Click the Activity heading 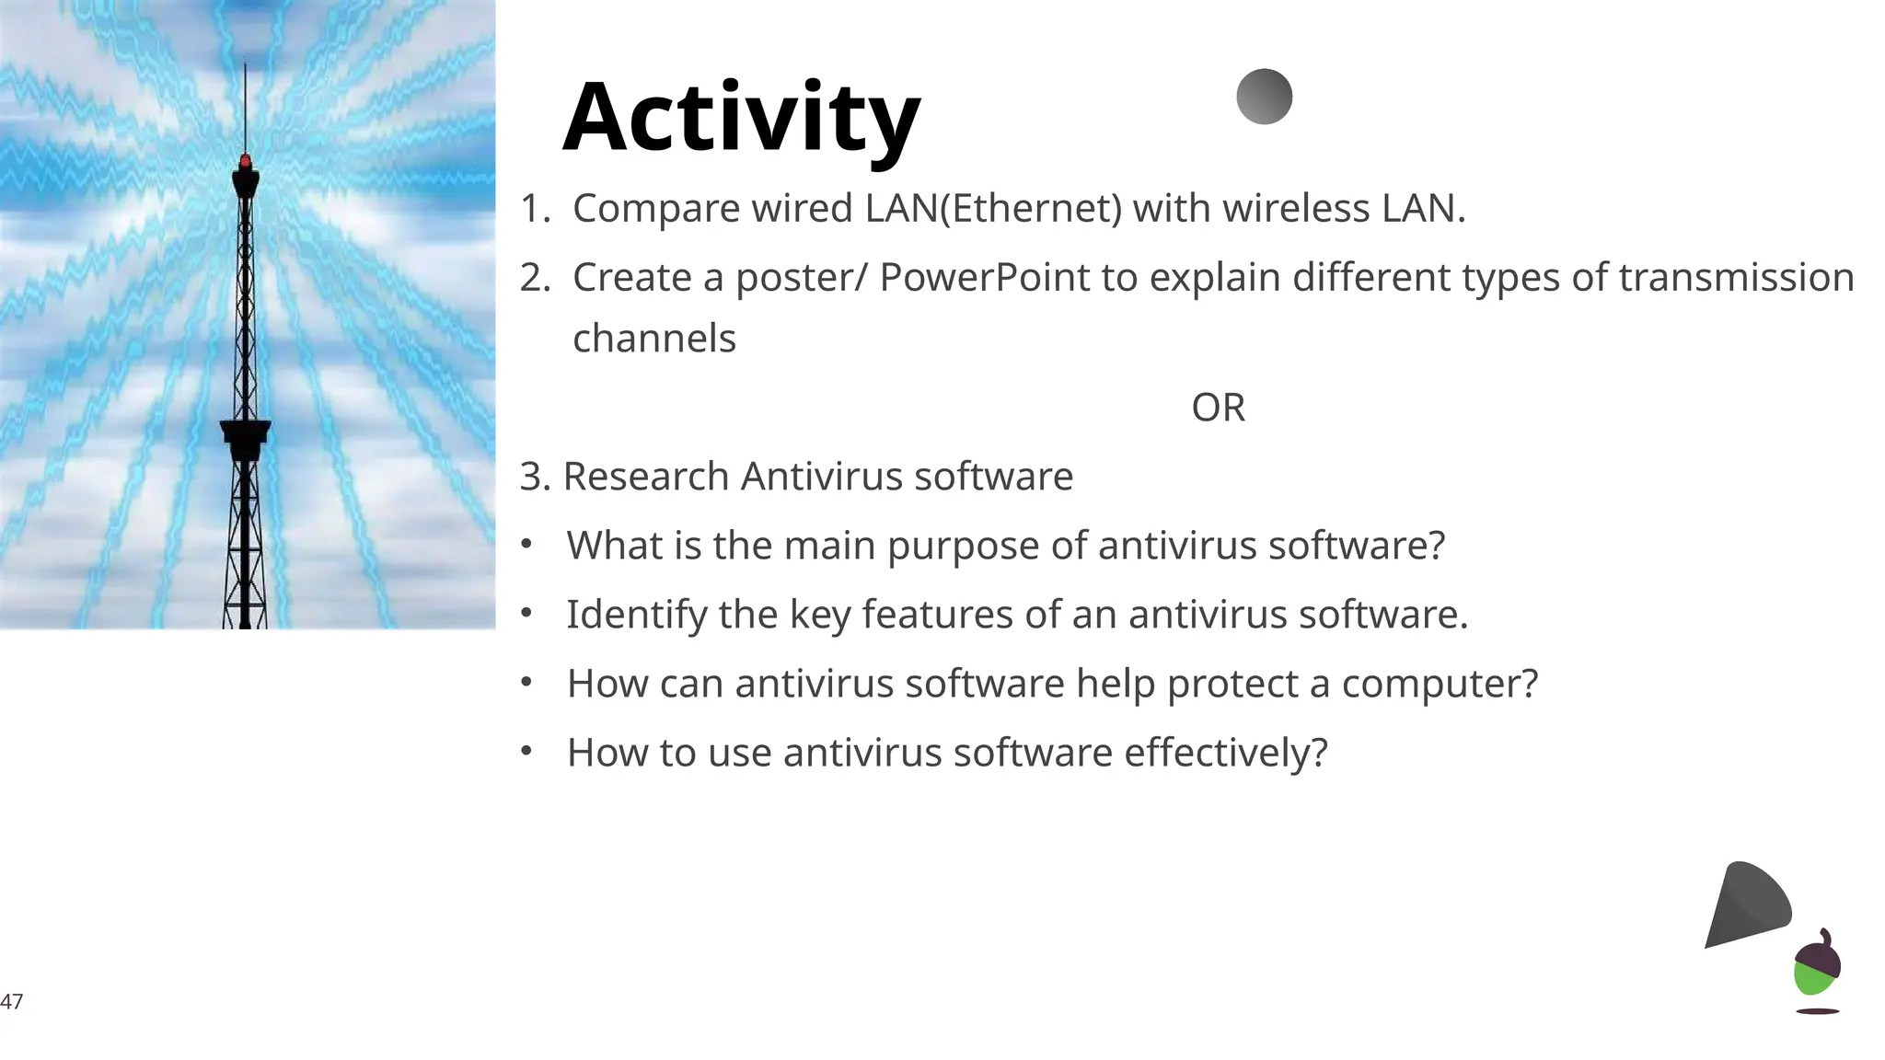click(x=741, y=118)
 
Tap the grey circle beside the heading click(x=1264, y=97)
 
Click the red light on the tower click(x=245, y=162)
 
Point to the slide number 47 click(x=12, y=1001)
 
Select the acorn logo click(x=1817, y=966)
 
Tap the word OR click(x=1218, y=408)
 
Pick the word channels click(x=653, y=339)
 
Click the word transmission click(x=1736, y=278)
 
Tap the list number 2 click(x=535, y=278)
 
